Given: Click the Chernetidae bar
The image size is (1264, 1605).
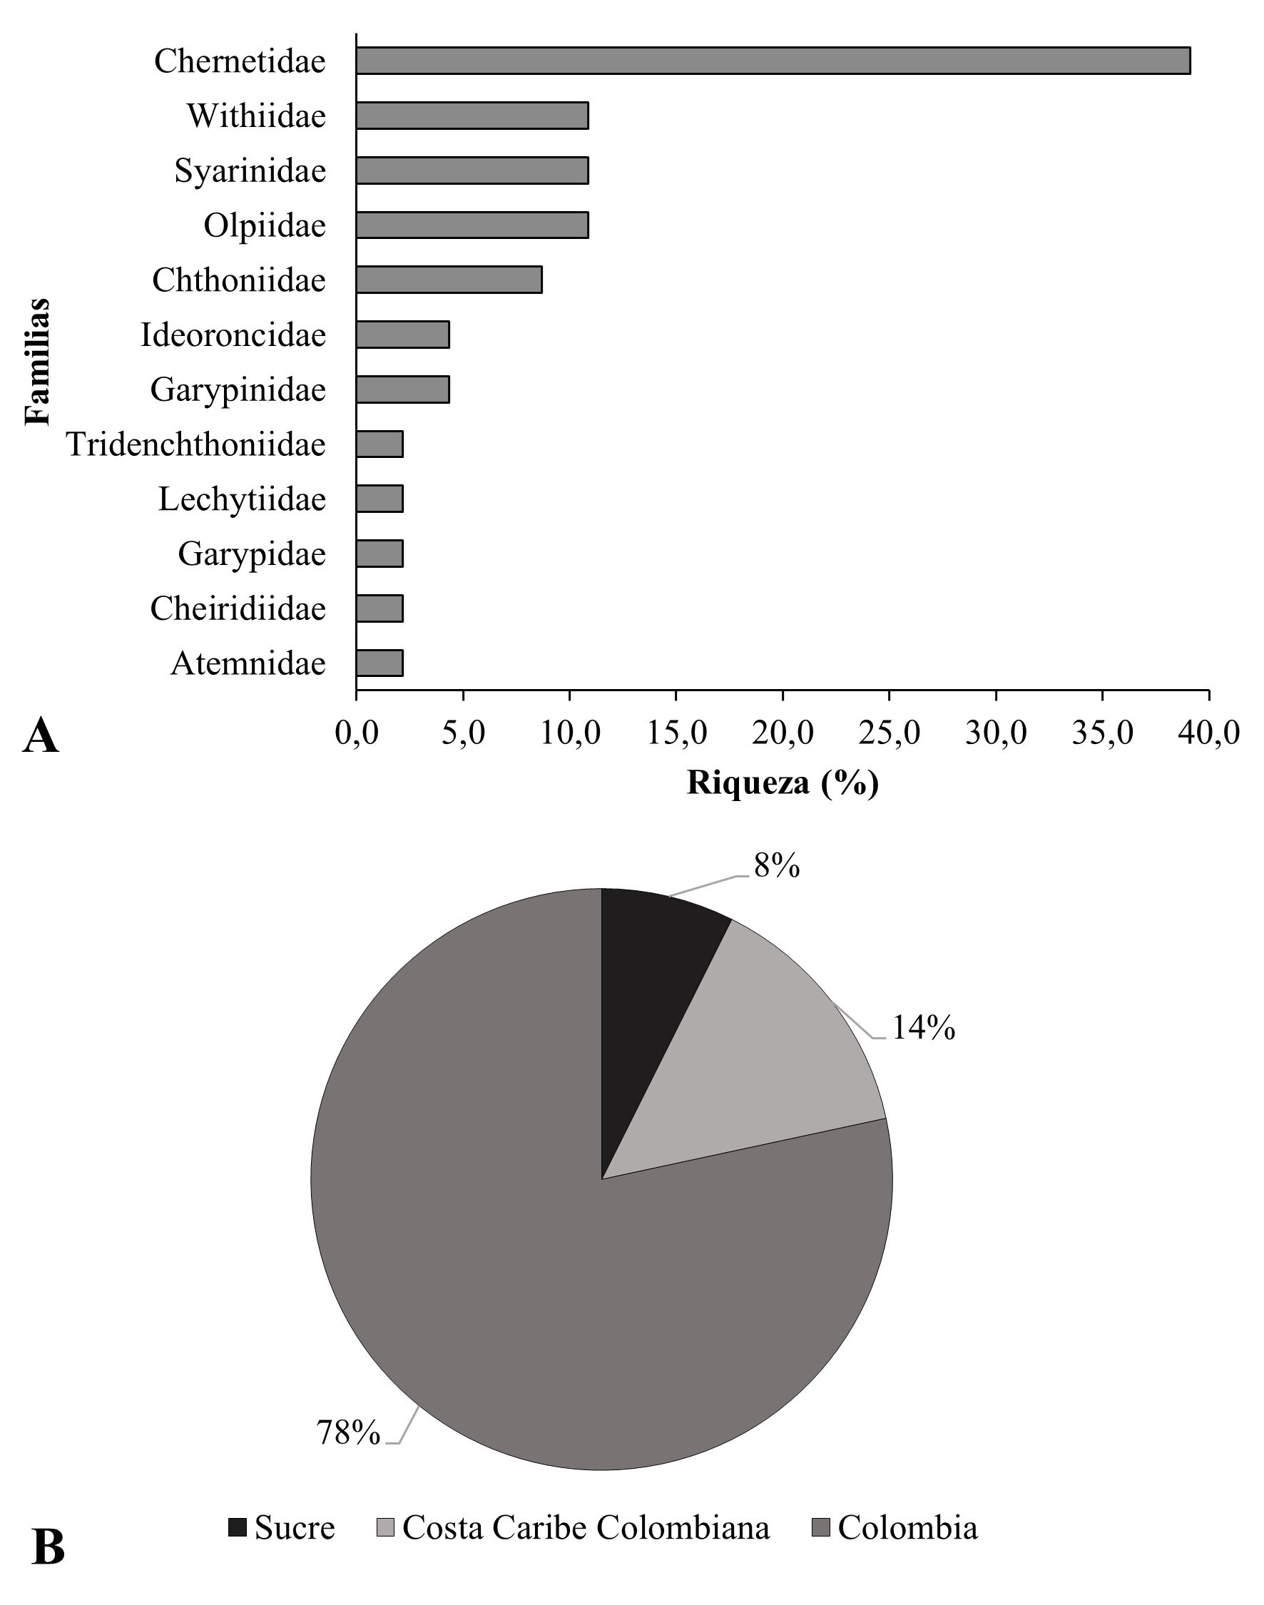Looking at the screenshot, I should point(773,61).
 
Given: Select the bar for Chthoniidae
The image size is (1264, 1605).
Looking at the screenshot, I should point(449,280).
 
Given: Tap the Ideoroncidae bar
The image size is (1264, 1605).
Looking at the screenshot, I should point(402,335).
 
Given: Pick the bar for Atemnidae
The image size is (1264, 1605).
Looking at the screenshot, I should point(379,663).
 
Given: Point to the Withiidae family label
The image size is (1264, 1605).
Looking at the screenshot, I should point(256,116).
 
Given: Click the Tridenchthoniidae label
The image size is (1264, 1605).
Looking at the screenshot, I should point(196,444).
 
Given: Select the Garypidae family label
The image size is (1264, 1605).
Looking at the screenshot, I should point(252,554).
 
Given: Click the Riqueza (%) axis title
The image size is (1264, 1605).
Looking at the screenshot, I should point(783,783).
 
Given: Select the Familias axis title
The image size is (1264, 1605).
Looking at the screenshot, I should point(37,361).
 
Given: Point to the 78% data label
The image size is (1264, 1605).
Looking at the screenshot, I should point(348,1432).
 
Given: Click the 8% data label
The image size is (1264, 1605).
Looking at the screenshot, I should point(776,865).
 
